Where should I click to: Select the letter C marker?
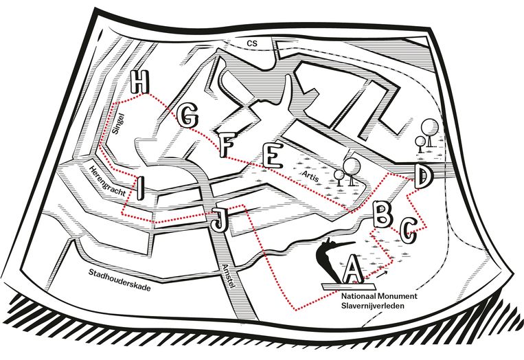(x=408, y=230)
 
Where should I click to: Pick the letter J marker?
(x=218, y=221)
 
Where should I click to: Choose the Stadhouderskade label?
(x=119, y=280)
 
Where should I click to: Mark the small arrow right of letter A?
(x=380, y=273)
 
